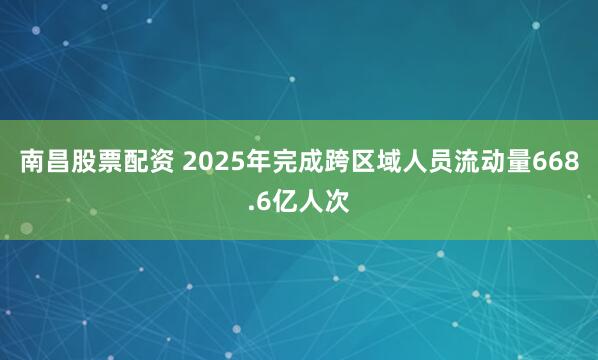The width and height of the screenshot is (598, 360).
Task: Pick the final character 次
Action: tap(338, 201)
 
